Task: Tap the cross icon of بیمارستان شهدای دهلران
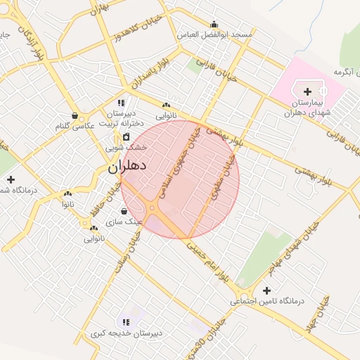[x=307, y=91]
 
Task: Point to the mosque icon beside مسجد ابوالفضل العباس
[x=214, y=24]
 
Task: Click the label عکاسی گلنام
[x=75, y=126]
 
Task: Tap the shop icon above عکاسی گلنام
[x=75, y=115]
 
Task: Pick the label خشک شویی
[x=127, y=148]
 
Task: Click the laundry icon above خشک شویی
[x=127, y=136]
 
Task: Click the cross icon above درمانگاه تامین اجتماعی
[x=266, y=290]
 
